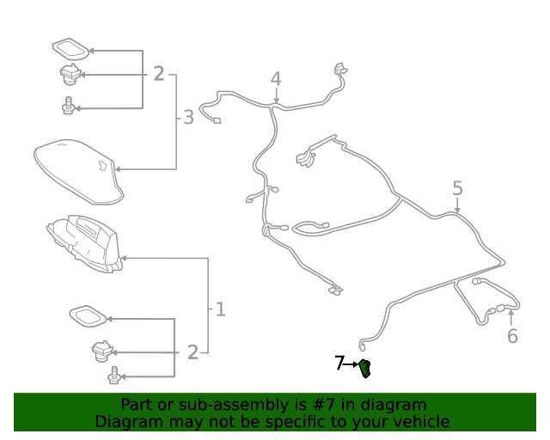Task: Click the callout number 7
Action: click(x=339, y=364)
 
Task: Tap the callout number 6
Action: click(x=512, y=336)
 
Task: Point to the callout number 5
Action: click(x=457, y=188)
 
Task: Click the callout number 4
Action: click(x=276, y=79)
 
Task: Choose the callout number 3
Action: click(x=189, y=118)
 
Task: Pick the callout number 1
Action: click(x=220, y=308)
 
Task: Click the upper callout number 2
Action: click(x=158, y=74)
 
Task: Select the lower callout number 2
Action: click(x=192, y=351)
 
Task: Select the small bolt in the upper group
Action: click(x=67, y=108)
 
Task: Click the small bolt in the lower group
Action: click(x=113, y=376)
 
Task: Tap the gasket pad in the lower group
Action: click(x=88, y=316)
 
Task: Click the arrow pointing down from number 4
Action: click(x=276, y=97)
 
